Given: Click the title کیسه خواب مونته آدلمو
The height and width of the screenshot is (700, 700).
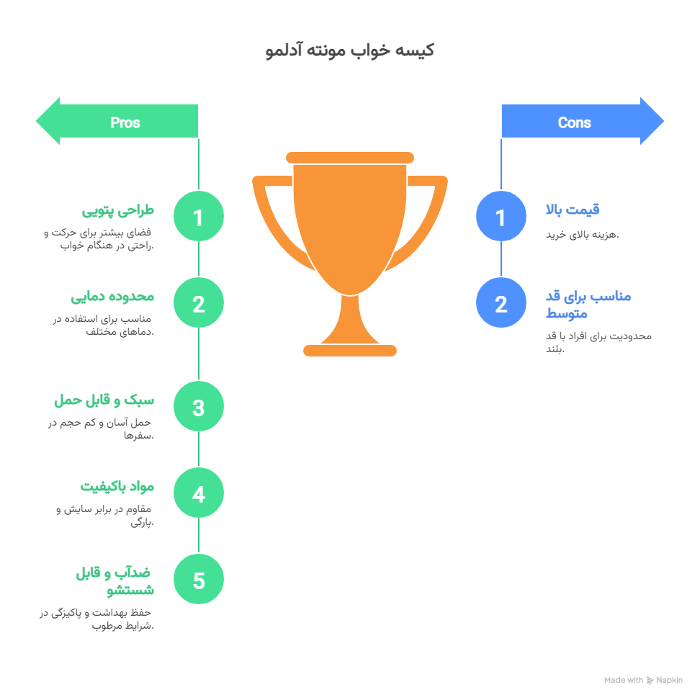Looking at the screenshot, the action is click(349, 50).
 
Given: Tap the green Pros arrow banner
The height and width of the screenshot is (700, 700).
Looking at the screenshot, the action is click(117, 121).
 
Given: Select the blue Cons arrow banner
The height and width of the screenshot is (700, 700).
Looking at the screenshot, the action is click(583, 121).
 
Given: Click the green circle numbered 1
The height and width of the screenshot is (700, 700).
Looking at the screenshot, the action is click(199, 216).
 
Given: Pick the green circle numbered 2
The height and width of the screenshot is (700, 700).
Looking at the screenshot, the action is click(199, 302).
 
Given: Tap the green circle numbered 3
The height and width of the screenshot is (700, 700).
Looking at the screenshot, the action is click(199, 406).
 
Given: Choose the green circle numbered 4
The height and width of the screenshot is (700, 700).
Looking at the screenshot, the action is click(199, 493).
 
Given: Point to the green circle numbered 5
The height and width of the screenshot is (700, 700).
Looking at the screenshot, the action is click(199, 580).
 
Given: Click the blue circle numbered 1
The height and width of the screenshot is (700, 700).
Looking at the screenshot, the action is click(501, 216).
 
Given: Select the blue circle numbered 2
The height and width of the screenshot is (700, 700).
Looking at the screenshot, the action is click(501, 302).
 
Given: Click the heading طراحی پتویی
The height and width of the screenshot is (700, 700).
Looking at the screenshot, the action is click(118, 210).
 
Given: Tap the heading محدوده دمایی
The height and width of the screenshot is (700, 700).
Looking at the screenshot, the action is click(112, 297).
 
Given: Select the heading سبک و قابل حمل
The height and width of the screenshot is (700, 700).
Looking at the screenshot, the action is click(104, 400).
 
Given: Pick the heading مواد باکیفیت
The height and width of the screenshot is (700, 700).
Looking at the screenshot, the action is click(117, 487).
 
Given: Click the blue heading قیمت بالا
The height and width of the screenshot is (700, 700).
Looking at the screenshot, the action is click(573, 210).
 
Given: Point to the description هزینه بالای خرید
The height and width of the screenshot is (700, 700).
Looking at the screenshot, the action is click(582, 234).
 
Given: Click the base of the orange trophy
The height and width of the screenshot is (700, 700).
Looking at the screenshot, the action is click(350, 351).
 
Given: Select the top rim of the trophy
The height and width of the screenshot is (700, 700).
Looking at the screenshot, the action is click(350, 158).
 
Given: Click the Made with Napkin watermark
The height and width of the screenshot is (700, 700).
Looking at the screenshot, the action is click(643, 680).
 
